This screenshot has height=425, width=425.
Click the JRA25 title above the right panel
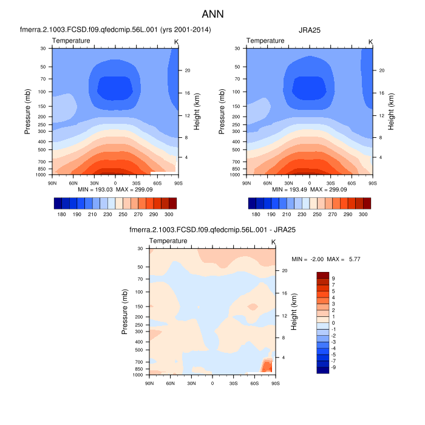[x=310, y=29]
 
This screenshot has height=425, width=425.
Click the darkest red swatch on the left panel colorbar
[x=172, y=203]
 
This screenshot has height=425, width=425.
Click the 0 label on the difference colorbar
[x=333, y=323]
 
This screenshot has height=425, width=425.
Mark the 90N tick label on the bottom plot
[x=149, y=384]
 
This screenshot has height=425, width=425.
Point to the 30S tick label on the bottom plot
[x=233, y=384]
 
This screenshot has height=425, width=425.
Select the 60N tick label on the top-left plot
[x=73, y=182]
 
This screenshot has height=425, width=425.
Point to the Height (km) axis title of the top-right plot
[x=390, y=110]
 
